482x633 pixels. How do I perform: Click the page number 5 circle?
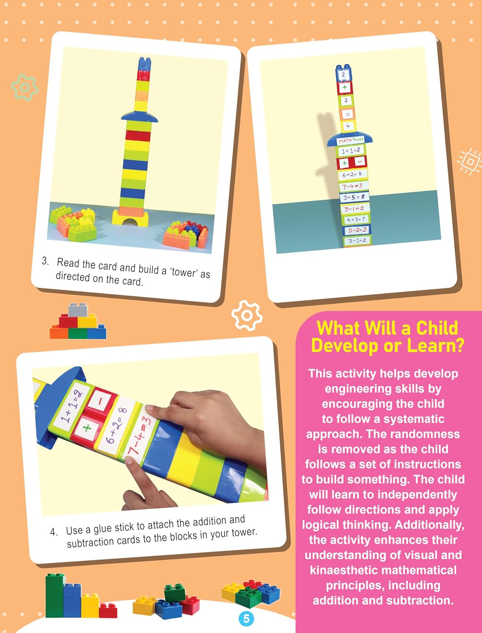(246, 619)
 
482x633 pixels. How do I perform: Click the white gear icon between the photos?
(247, 315)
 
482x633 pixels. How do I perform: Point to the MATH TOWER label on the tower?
(351, 140)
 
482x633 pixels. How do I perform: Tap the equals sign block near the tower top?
(347, 114)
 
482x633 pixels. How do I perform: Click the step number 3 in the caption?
(45, 261)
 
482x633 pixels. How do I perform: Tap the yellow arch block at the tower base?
(130, 218)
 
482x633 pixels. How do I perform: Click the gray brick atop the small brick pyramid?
(78, 310)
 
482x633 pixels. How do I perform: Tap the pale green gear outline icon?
(24, 87)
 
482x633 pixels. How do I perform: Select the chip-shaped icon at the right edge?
(470, 161)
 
